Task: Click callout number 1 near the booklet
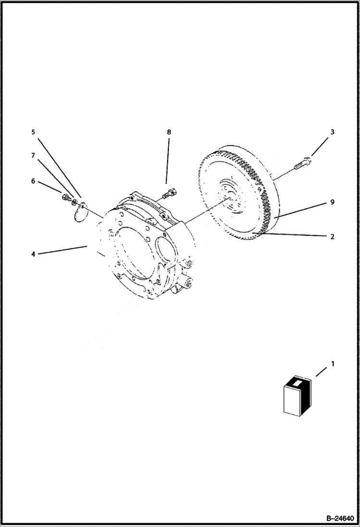[333, 365]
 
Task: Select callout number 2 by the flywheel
[333, 237]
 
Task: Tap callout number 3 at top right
[333, 132]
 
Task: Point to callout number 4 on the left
[33, 254]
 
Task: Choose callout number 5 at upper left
[33, 132]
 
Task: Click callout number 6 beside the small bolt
[33, 181]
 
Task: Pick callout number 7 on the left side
[33, 156]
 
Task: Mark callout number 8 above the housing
[169, 132]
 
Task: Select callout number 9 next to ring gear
[333, 203]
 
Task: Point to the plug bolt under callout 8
[170, 194]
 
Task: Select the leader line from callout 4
[62, 250]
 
